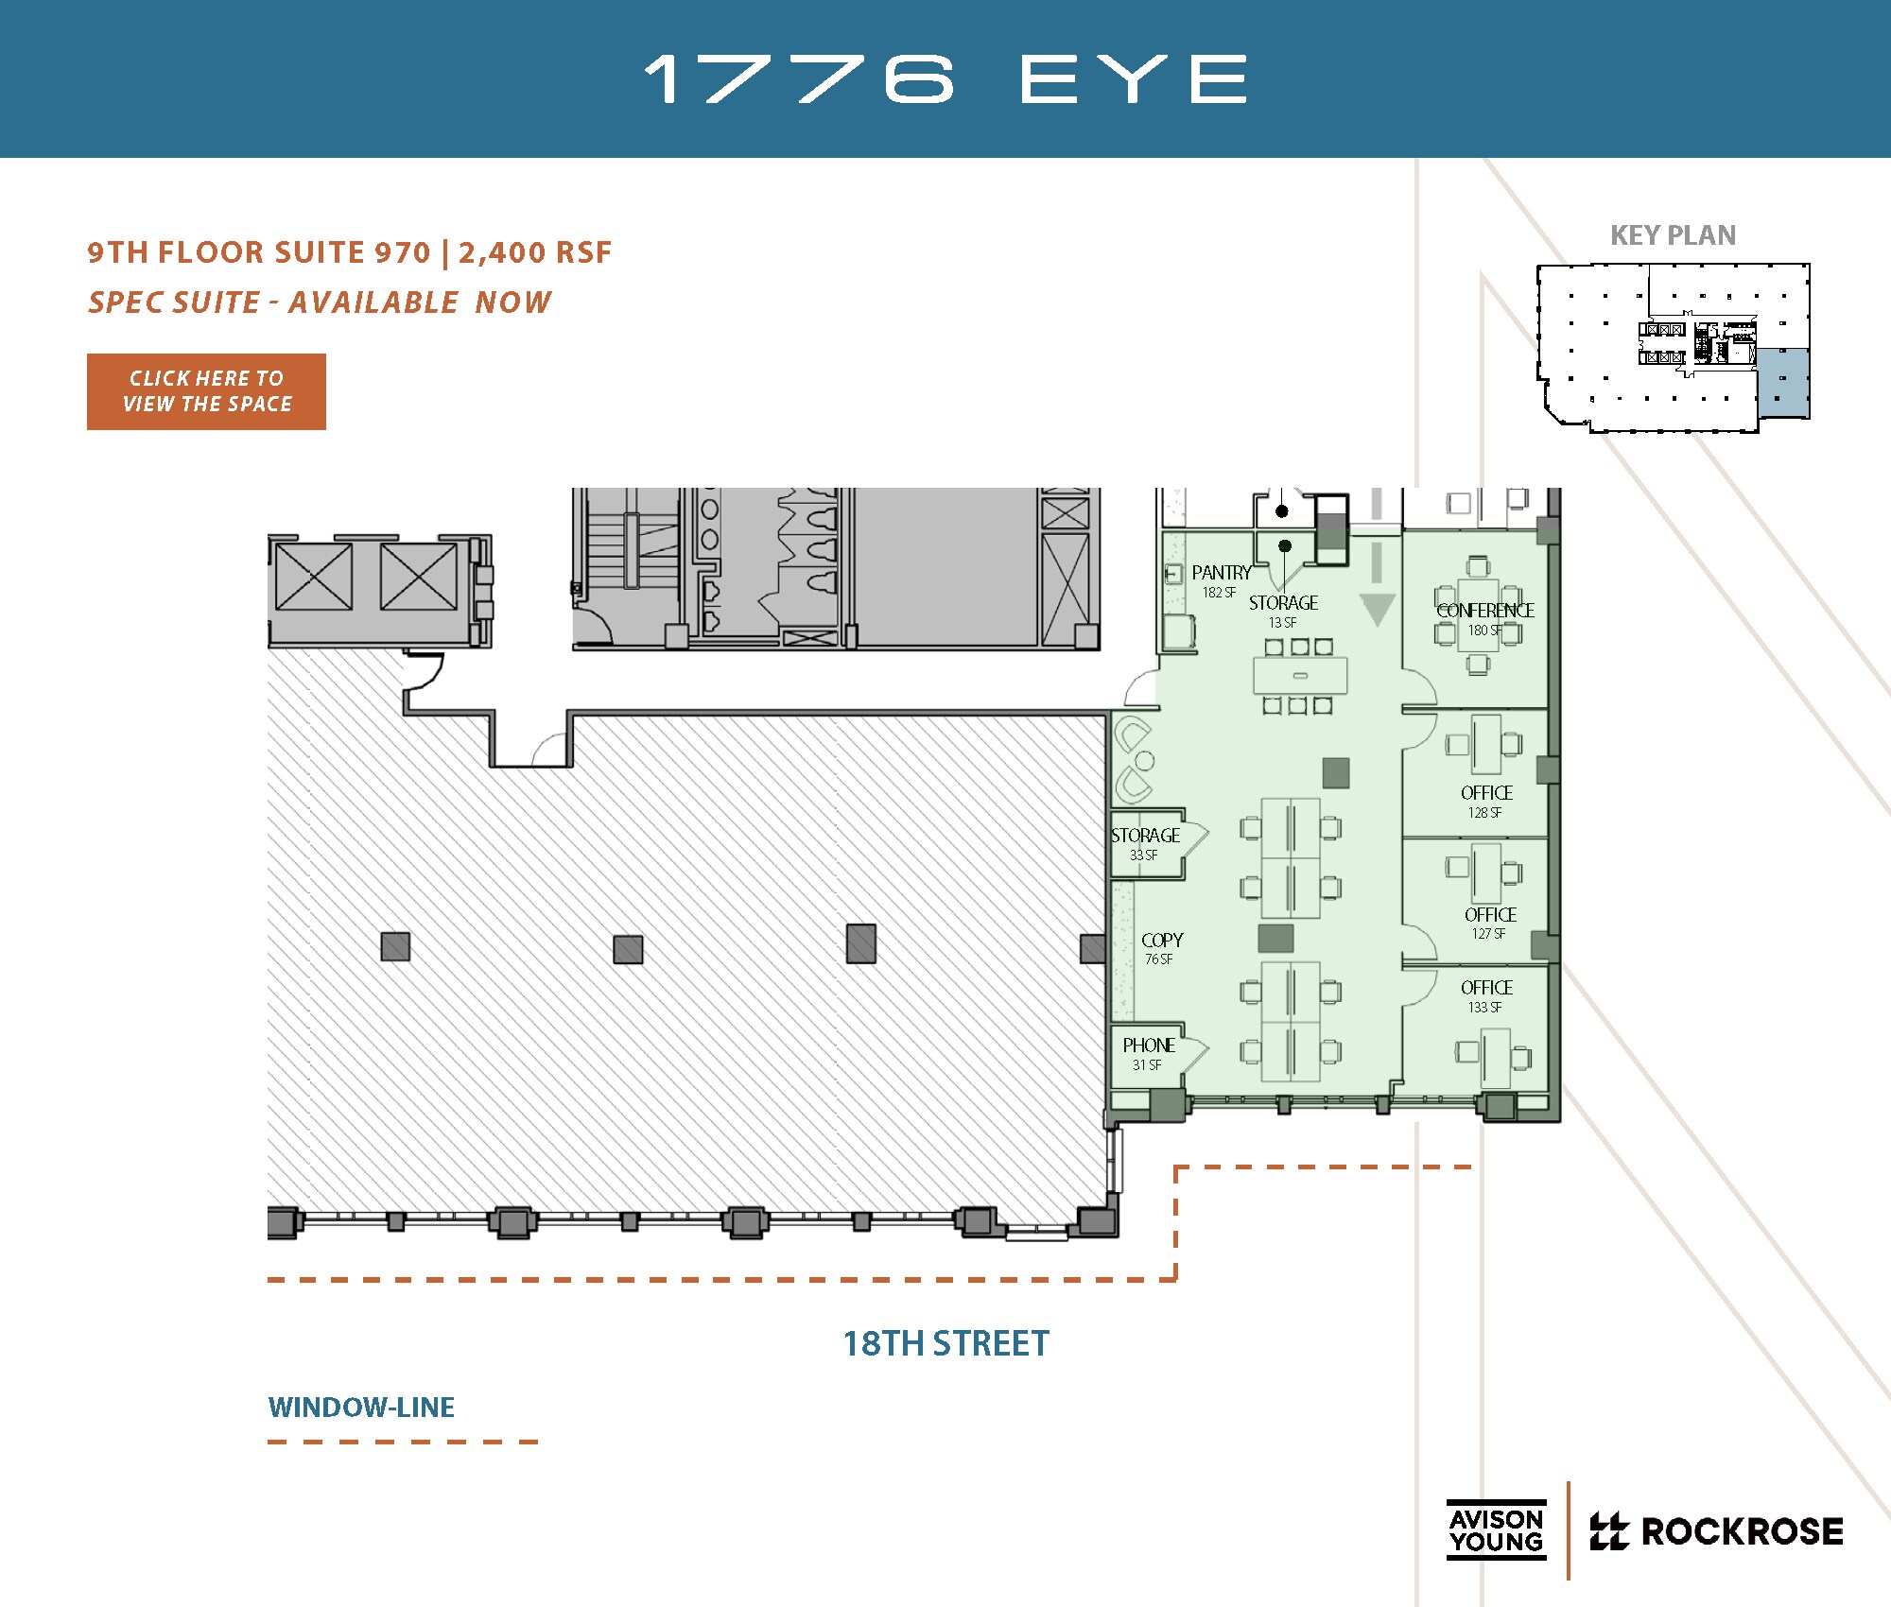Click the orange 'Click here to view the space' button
coord(206,391)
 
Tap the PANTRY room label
coord(1221,573)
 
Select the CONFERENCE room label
coord(1484,611)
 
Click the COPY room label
coord(1162,941)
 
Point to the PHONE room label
coord(1149,1045)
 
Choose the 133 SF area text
coord(1484,1008)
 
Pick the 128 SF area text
coord(1484,813)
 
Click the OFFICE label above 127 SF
coord(1490,915)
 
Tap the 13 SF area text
coord(1282,623)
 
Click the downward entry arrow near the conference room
coord(1378,607)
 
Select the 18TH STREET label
coord(945,1343)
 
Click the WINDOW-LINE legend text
coord(361,1408)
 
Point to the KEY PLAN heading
coord(1673,235)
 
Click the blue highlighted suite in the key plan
coord(1782,382)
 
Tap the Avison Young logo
coord(1496,1530)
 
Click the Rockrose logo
coord(1716,1531)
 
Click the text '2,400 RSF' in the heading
coord(535,252)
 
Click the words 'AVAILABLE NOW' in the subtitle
coord(420,302)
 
